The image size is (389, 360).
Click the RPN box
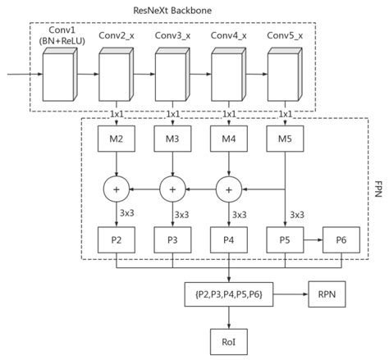click(327, 293)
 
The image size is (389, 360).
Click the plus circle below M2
click(117, 189)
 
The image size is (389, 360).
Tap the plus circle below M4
click(227, 189)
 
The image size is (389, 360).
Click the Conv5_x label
click(285, 37)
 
